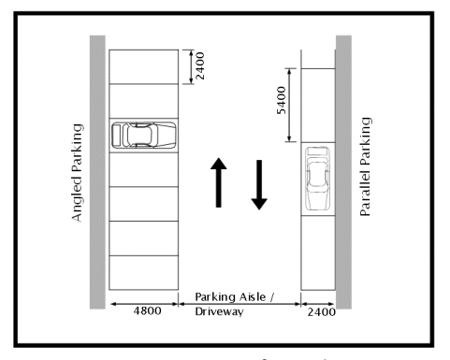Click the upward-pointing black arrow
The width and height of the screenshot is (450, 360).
[217, 182]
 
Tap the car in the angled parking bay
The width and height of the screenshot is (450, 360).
[143, 135]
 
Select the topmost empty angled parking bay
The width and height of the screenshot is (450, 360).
[143, 65]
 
